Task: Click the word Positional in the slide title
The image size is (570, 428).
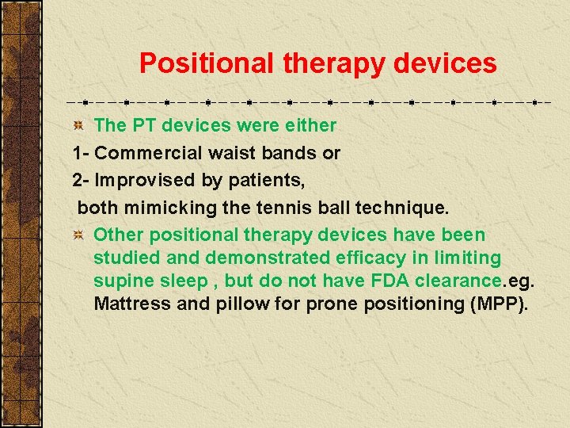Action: pyautogui.click(x=207, y=63)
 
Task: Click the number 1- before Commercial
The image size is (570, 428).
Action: pyautogui.click(x=81, y=153)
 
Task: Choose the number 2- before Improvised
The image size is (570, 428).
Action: pyautogui.click(x=81, y=180)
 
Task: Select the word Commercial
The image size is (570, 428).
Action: pyautogui.click(x=144, y=153)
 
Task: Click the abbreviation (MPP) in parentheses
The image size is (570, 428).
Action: pyautogui.click(x=497, y=304)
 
